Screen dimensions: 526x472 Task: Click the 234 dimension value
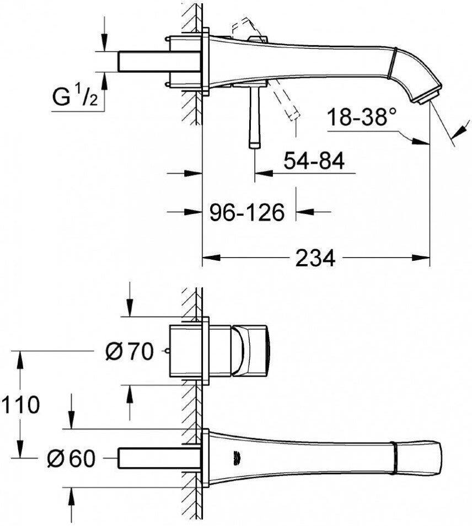tap(315, 257)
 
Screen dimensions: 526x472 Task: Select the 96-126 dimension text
tap(247, 211)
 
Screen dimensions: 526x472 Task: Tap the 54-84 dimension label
tap(314, 161)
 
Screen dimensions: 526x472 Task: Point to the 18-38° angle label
tap(361, 117)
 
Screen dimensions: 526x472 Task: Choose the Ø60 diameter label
tap(71, 458)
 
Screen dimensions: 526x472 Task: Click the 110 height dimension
tap(20, 405)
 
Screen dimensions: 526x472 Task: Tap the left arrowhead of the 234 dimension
tap(209, 257)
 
